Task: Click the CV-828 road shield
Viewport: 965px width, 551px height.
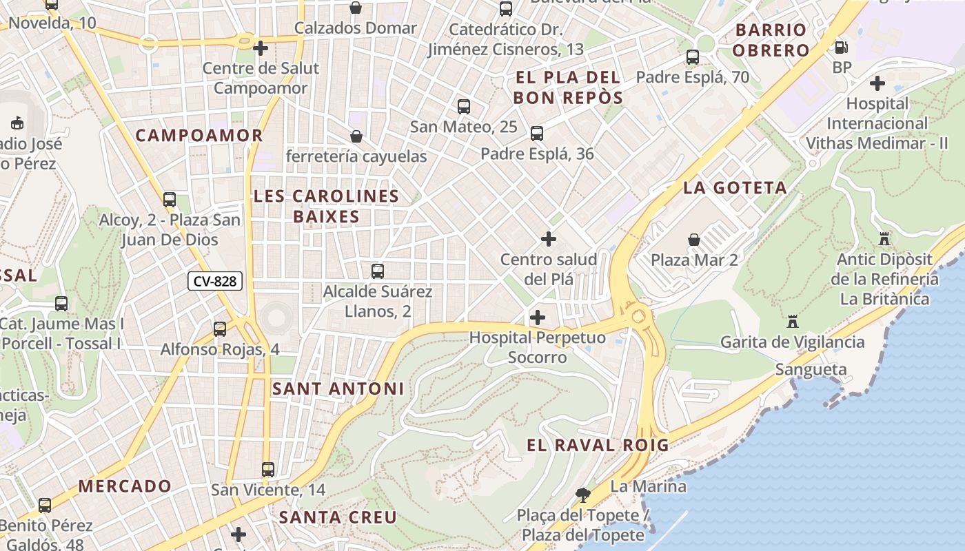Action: (214, 281)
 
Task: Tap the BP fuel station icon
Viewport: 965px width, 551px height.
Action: (841, 48)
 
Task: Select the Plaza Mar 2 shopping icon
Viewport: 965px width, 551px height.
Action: (694, 240)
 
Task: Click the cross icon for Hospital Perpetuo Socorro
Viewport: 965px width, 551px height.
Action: (537, 318)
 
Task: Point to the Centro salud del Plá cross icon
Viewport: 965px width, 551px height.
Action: (548, 239)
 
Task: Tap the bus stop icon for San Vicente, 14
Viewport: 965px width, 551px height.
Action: (268, 470)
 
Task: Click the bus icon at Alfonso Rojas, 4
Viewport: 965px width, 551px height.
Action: (220, 329)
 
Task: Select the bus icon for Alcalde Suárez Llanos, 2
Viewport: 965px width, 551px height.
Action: (377, 271)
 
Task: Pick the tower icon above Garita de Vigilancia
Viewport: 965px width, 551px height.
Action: (792, 322)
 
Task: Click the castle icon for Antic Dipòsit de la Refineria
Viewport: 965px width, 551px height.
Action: (884, 239)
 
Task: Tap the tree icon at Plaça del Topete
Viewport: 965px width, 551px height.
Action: (583, 494)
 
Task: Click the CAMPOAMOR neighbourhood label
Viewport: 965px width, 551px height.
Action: (199, 136)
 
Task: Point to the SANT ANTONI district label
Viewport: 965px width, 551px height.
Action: (338, 389)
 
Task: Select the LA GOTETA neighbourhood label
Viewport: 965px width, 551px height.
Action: (735, 188)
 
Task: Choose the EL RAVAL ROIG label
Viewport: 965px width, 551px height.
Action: (598, 446)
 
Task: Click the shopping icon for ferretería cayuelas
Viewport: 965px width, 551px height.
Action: (356, 136)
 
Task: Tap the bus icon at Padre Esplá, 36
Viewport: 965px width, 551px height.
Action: (536, 134)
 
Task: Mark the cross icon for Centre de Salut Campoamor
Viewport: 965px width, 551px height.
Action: (260, 48)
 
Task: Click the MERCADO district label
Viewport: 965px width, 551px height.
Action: (125, 486)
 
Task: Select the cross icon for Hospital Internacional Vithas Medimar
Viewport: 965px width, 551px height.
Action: (877, 83)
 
